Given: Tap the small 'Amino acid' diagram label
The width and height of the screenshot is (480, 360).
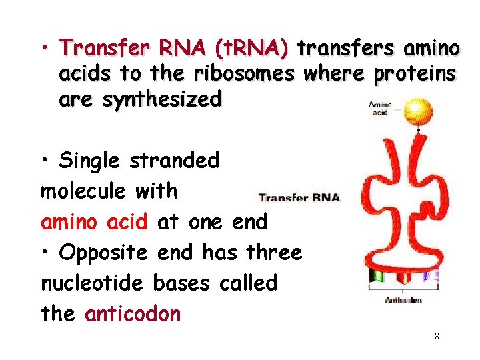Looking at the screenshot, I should point(380,109).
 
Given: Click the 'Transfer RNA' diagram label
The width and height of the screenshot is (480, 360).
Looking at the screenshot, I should point(299,197).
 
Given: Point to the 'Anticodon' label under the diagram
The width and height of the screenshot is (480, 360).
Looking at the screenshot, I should point(403,300).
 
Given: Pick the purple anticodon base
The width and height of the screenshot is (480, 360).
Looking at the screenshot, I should point(430,275).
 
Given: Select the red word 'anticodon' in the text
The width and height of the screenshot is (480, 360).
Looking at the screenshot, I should point(133,313).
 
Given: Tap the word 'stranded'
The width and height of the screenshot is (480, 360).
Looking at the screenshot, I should point(175,161).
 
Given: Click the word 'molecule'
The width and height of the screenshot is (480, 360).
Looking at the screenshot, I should point(83,191).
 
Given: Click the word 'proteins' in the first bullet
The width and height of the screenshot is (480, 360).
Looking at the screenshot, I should point(415,74).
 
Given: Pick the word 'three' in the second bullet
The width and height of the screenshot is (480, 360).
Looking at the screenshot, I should point(274,252).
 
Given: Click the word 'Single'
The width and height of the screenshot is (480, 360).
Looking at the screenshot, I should point(91,161).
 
